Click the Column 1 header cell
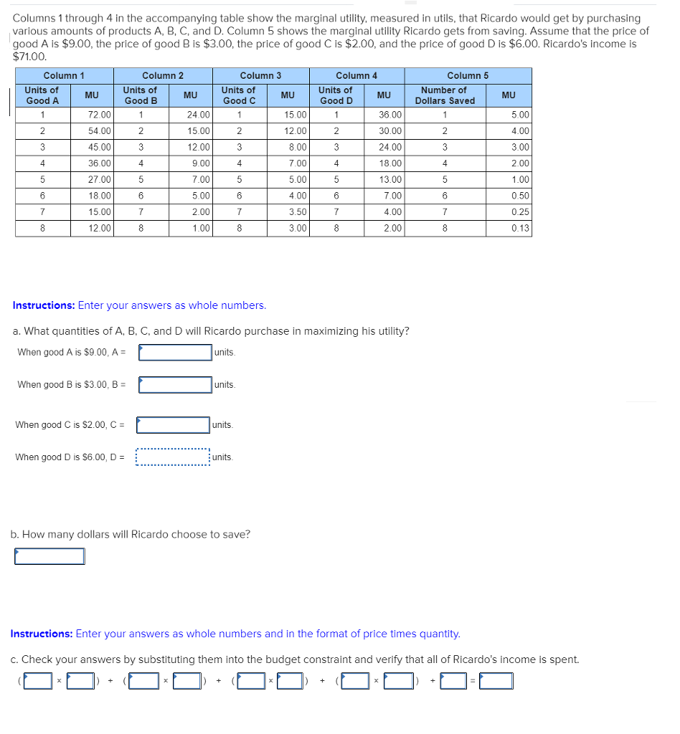point(64,75)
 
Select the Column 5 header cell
point(468,75)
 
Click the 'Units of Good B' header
point(140,95)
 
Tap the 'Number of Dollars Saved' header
point(444,95)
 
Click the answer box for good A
point(175,352)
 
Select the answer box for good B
point(175,385)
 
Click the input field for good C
point(173,425)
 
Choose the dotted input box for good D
point(173,457)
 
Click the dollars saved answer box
point(49,556)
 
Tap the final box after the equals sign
point(496,680)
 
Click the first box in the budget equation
point(37,680)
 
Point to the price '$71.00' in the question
point(30,57)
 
